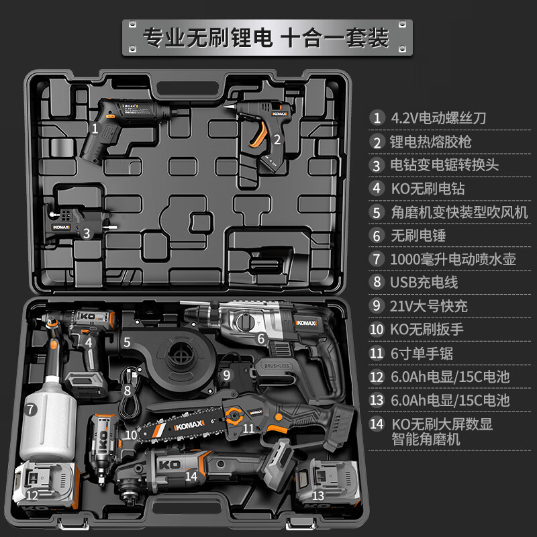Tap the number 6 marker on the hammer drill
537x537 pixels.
(x=261, y=340)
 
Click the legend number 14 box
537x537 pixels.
(x=377, y=424)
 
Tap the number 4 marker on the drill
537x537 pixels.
(x=88, y=342)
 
